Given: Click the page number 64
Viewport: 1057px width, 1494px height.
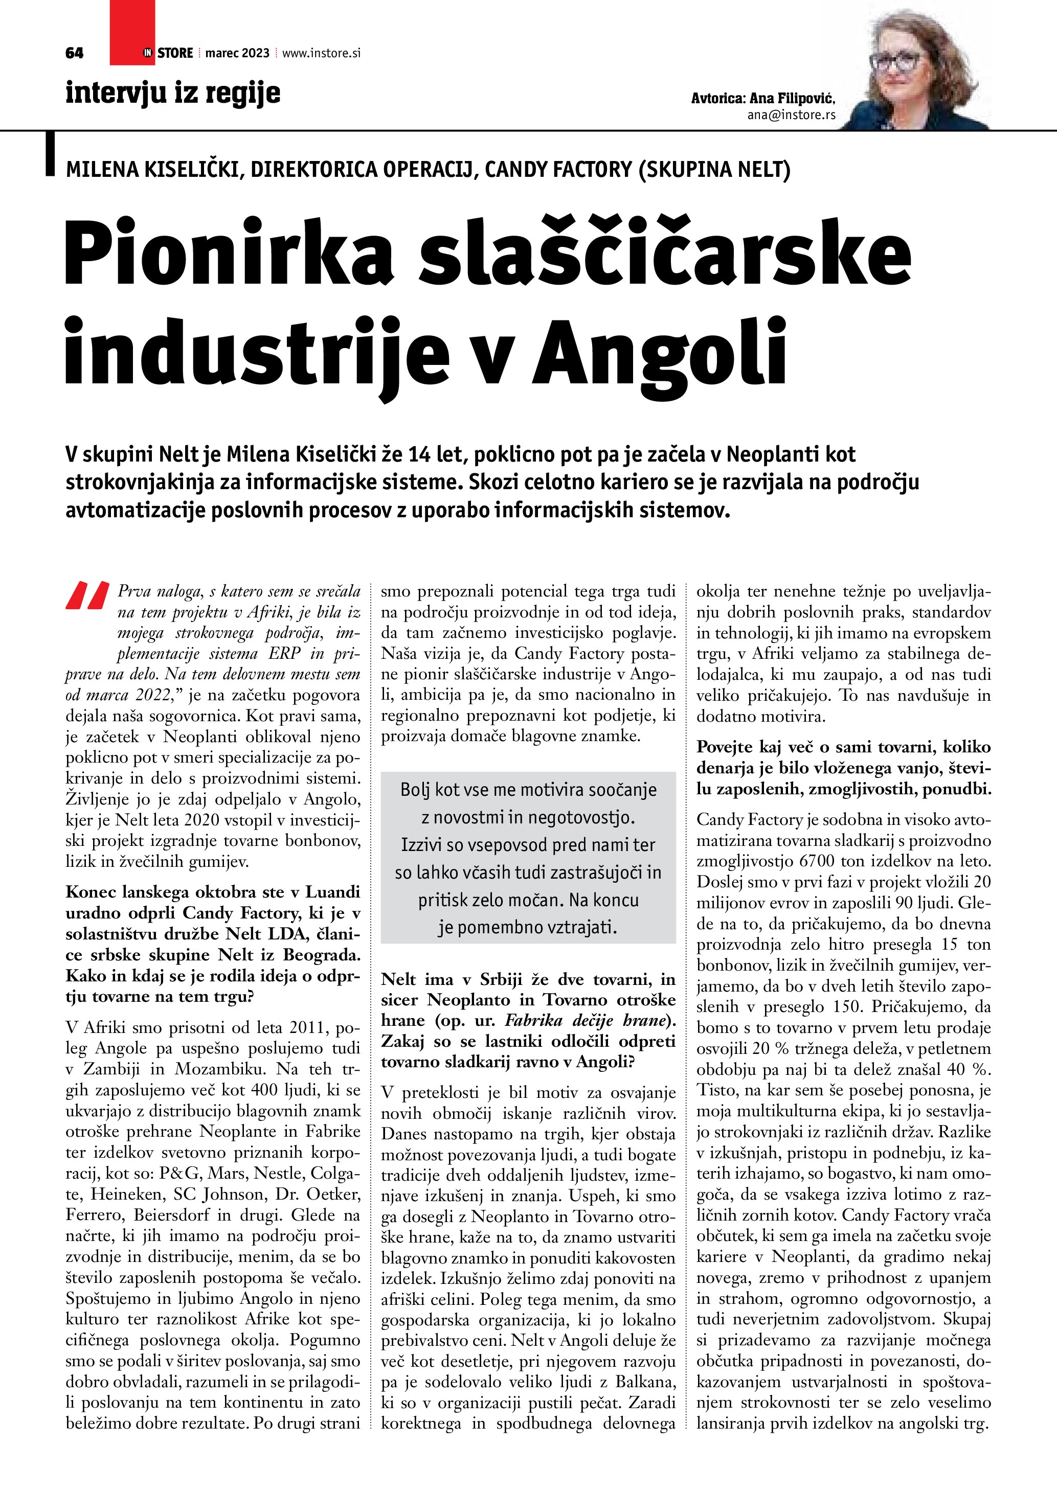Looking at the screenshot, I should point(75,53).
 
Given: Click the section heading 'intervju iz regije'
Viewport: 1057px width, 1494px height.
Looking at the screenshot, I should point(172,93).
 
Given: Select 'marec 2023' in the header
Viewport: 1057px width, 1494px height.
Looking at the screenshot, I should point(237,53).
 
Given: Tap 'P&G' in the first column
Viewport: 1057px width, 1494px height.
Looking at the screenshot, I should point(179,1173).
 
